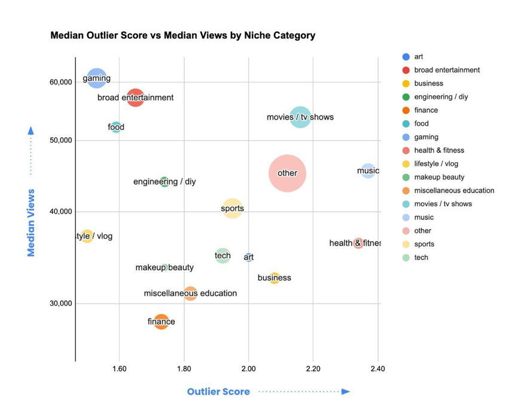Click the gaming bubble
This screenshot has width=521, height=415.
click(x=96, y=78)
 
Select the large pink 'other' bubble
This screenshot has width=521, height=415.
click(x=287, y=173)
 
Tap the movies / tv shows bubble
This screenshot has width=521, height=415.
click(x=300, y=117)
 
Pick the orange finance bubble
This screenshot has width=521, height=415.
click(x=161, y=322)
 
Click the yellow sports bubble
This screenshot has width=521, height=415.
click(x=232, y=208)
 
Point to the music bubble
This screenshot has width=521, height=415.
click(x=368, y=171)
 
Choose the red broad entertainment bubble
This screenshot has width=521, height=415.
click(x=135, y=97)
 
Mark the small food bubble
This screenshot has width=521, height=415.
click(x=116, y=127)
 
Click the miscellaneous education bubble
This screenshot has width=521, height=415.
click(x=190, y=293)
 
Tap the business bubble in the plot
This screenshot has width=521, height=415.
click(x=274, y=277)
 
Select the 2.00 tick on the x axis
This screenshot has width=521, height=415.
click(x=248, y=369)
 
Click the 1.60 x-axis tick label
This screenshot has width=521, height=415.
click(x=120, y=369)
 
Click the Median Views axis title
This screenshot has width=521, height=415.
click(x=31, y=222)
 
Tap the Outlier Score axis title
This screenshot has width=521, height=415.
click(x=218, y=392)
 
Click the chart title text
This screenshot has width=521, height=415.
click(x=182, y=35)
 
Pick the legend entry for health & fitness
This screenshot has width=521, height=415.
click(x=438, y=150)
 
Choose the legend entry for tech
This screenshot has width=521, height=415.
click(x=421, y=258)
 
